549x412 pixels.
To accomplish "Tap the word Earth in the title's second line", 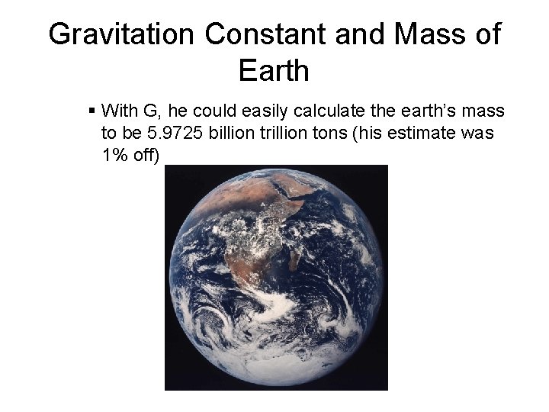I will [x=274, y=71].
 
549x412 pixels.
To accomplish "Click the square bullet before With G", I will [x=92, y=111].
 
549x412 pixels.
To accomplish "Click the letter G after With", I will [x=149, y=111].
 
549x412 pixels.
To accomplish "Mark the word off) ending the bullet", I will [x=146, y=156].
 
